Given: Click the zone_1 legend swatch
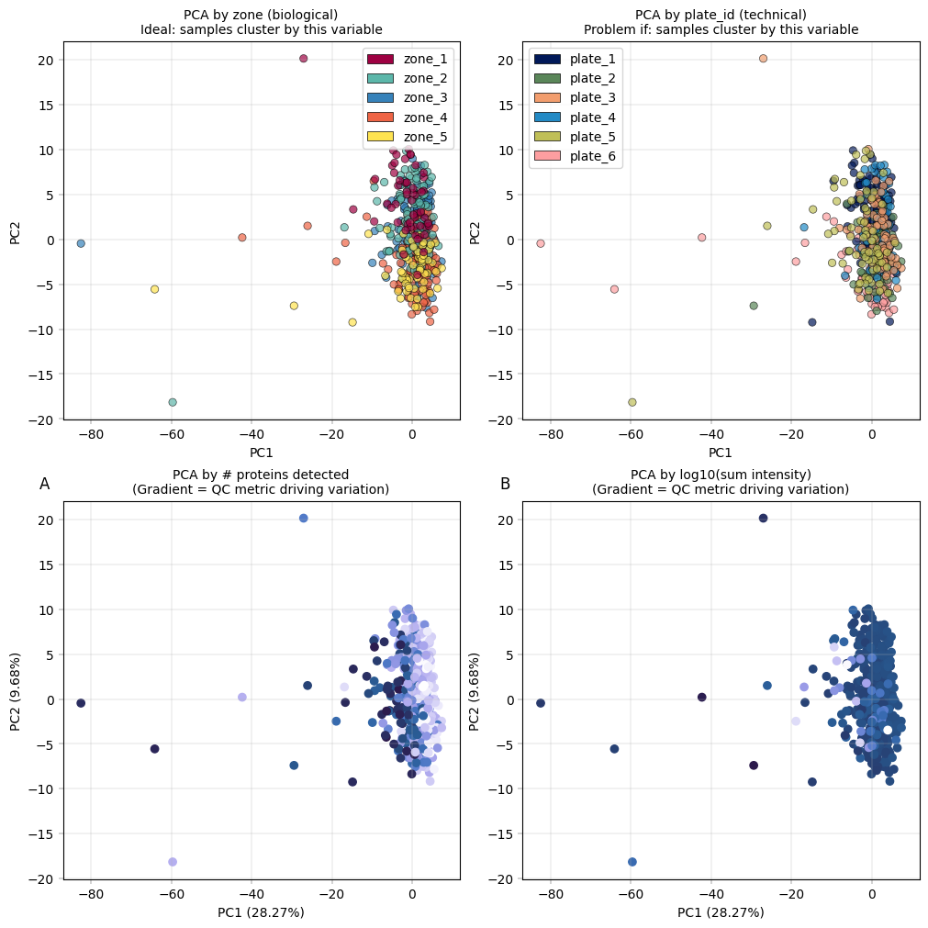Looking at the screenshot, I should tap(380, 59).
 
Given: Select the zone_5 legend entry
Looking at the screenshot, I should tap(380, 136).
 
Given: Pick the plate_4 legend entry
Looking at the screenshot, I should tap(547, 117).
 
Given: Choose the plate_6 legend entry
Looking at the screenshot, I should tap(547, 156).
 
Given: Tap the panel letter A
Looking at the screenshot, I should tap(44, 484).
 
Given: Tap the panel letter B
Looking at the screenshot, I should tap(505, 484).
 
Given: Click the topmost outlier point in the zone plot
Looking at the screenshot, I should tap(304, 59).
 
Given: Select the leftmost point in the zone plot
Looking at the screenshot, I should tap(81, 243).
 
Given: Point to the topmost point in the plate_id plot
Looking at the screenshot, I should tap(763, 59).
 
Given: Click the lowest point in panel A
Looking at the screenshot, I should tap(173, 862).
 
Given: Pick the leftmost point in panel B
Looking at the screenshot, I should tap(541, 703).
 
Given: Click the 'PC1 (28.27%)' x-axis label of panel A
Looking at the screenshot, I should tap(261, 912).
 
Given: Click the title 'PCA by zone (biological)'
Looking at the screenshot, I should tap(261, 15).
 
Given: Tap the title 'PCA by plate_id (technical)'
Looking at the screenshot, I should tap(721, 15).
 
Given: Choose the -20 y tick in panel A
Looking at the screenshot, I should tap(42, 879).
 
